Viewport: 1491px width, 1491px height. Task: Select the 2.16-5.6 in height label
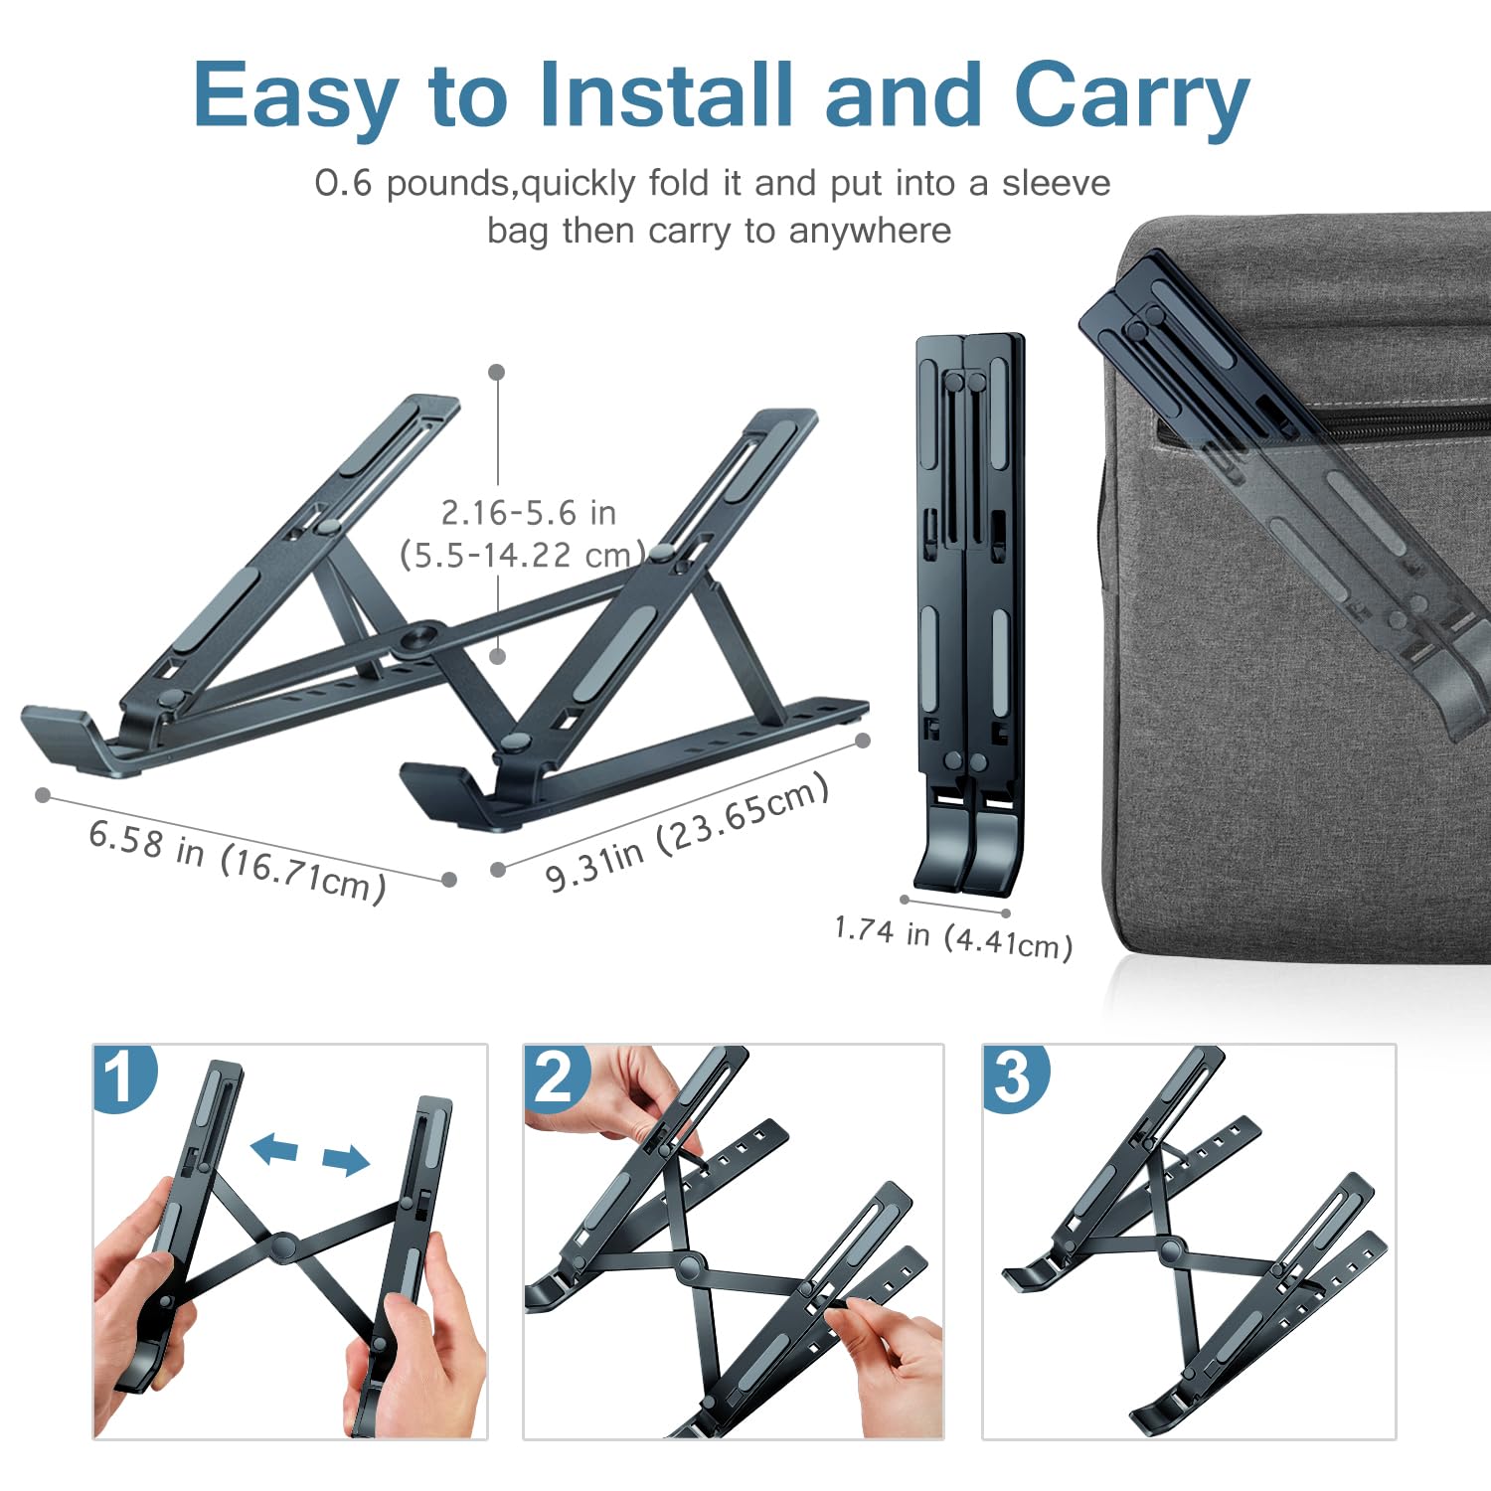coord(528,513)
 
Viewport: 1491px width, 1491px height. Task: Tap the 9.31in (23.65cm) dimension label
coord(687,833)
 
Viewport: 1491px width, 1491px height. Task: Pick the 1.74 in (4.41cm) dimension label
coord(953,936)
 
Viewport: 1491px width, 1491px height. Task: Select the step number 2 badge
coord(554,1077)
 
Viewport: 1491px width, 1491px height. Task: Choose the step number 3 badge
coord(1013,1077)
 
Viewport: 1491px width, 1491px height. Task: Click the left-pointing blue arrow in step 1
coord(274,1149)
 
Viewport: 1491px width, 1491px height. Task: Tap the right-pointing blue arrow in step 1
coord(346,1159)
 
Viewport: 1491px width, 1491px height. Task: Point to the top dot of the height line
coord(497,372)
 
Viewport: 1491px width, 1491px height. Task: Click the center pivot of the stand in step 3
coord(1170,1250)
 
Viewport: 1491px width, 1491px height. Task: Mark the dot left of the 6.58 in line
coord(43,795)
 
